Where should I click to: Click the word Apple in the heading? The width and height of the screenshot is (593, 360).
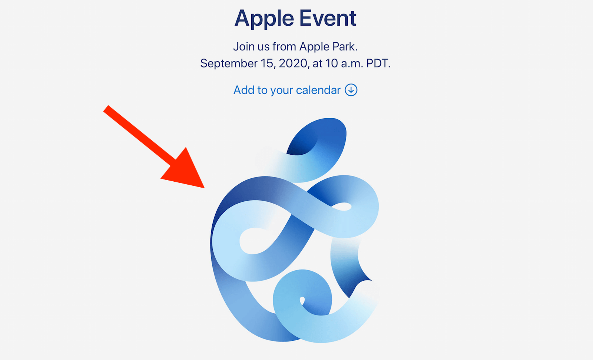coord(264,19)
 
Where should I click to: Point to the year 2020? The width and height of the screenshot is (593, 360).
coord(292,63)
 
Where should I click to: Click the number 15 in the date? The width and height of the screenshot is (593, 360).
coord(267,63)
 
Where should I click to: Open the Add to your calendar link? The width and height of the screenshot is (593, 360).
coord(295,90)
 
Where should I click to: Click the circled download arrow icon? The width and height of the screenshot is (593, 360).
coord(351,90)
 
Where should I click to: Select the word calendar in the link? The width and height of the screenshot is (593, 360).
coord(318,90)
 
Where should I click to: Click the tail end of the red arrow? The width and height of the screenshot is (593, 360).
coord(106,109)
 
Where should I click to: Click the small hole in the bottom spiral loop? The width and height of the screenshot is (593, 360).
coord(302,300)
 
